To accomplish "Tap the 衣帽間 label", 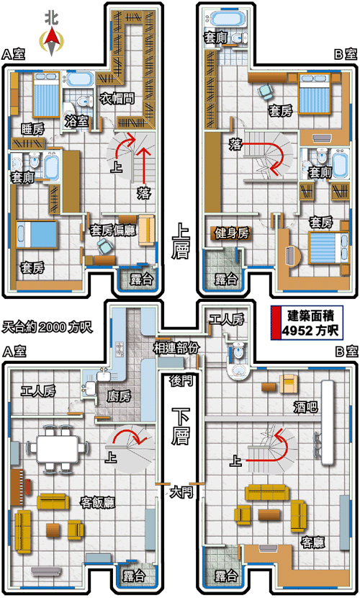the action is (x=117, y=99).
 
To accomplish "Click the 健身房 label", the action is (x=232, y=233).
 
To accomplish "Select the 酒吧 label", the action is (x=305, y=407).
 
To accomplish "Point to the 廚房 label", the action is (x=119, y=396).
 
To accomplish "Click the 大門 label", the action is (x=181, y=492).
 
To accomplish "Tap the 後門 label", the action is (x=181, y=380).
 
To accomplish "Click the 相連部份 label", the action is (x=176, y=348).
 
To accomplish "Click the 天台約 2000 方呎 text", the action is (x=48, y=327).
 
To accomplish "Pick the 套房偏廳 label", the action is (x=113, y=231).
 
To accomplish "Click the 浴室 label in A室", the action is (x=76, y=121).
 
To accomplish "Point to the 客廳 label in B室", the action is (x=313, y=542).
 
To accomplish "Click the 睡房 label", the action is (x=33, y=130).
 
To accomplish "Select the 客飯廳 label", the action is (x=97, y=502).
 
